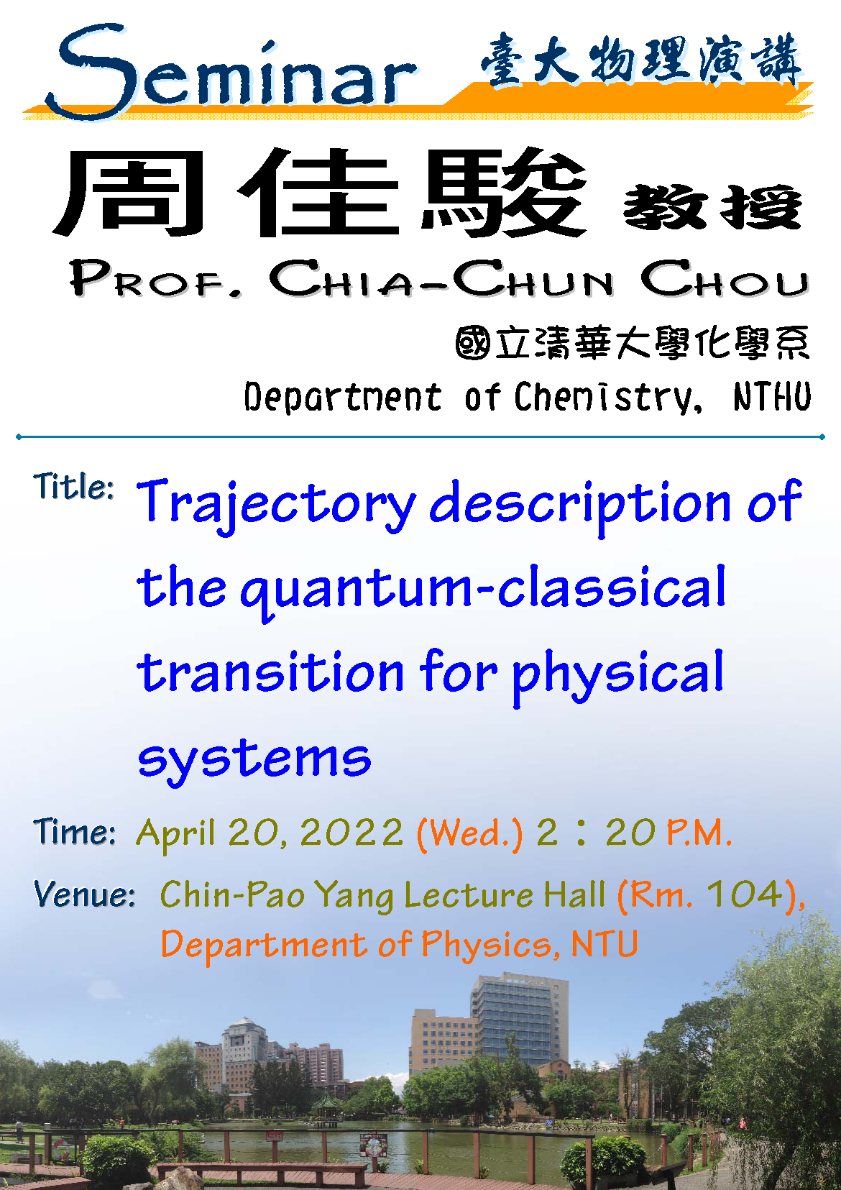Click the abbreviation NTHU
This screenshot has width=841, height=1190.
coord(773,396)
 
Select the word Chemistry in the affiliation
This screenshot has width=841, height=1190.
coord(607,398)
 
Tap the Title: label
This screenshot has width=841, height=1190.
coord(73,485)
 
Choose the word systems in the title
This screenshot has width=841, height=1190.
coord(254,761)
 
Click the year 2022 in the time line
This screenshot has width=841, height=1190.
coord(351,833)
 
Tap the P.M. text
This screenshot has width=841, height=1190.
coord(699,833)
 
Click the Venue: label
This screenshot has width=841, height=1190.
coord(84,894)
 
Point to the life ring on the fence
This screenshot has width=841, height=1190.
coord(60,1150)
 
